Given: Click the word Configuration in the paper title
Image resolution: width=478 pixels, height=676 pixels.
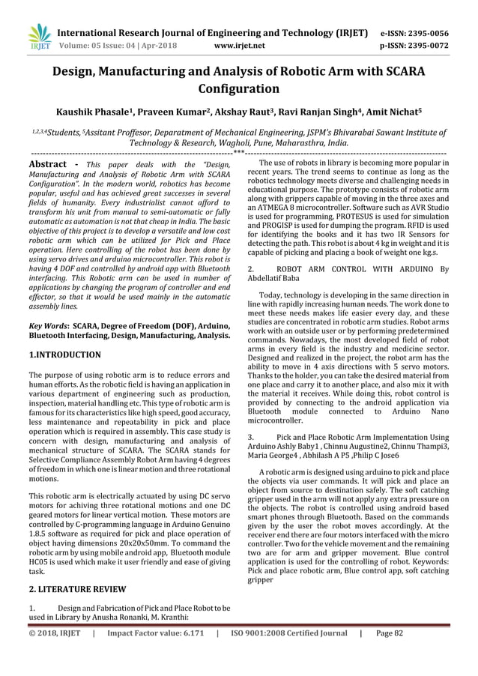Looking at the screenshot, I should tap(238, 88).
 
